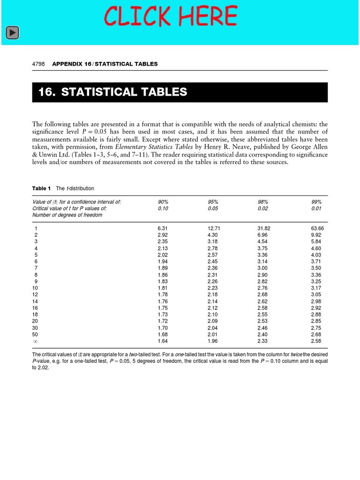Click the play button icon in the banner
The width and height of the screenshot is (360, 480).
[x=12, y=32]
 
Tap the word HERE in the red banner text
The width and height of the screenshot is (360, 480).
[x=202, y=16]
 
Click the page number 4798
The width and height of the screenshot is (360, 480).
[x=38, y=64]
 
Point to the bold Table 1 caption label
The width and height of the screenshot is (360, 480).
[x=41, y=188]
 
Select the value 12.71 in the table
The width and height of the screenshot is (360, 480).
[x=214, y=228]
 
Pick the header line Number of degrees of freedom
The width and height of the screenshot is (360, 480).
[x=67, y=215]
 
